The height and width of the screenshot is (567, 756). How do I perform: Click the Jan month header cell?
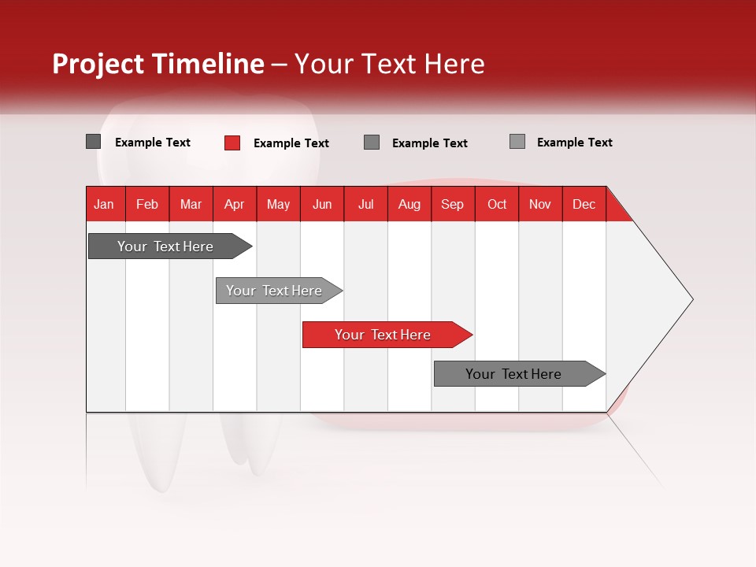(105, 204)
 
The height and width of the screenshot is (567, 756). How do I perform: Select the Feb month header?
(147, 204)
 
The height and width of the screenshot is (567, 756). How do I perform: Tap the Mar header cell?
(191, 204)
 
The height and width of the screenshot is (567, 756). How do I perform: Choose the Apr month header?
(235, 204)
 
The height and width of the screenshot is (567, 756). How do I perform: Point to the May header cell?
(278, 204)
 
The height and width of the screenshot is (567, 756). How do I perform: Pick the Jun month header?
(322, 204)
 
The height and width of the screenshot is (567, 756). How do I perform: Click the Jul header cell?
(365, 204)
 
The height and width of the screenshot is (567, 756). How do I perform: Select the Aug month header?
(409, 204)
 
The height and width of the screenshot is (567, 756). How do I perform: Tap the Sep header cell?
(453, 204)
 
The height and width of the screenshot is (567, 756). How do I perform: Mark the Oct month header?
(497, 204)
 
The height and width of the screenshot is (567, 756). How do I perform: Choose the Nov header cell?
(540, 204)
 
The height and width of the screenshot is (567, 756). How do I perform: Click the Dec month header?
(584, 204)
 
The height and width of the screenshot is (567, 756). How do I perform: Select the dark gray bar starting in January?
(166, 246)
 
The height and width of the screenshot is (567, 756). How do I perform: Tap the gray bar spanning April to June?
(275, 291)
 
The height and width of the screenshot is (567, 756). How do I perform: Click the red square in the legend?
(232, 143)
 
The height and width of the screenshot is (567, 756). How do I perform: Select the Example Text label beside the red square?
(291, 143)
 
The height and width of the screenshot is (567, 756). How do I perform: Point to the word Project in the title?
(98, 64)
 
